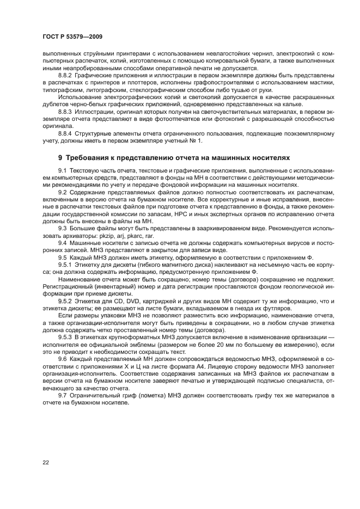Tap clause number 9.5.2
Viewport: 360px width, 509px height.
[67, 301]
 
